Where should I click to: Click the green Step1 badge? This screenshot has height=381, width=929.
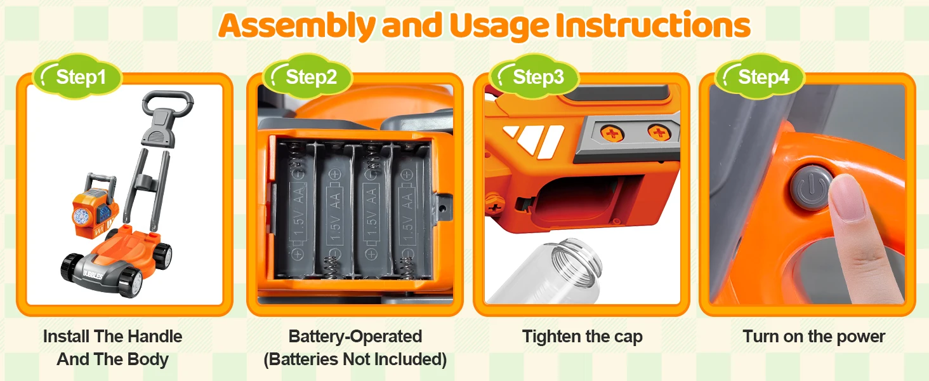[78, 77]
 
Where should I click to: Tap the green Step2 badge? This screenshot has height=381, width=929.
[308, 77]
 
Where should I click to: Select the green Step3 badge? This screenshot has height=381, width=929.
[535, 77]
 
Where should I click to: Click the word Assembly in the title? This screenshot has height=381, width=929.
[297, 27]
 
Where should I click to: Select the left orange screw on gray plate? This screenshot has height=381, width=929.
[612, 133]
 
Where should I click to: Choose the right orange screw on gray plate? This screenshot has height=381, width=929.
[659, 133]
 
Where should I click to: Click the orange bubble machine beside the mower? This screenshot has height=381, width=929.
[95, 206]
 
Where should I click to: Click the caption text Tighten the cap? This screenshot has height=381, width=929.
[583, 337]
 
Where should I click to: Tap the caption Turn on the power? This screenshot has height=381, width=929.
[814, 337]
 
